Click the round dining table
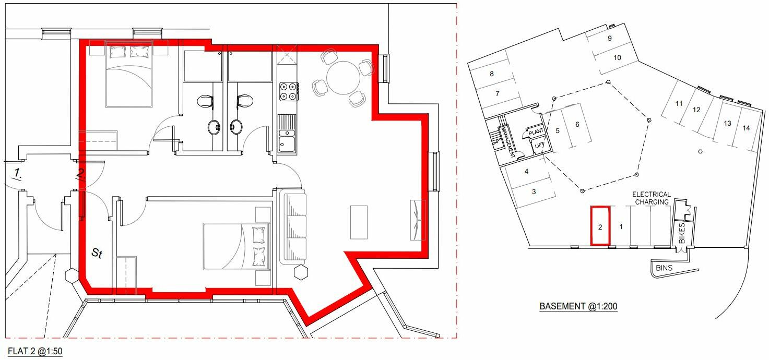(x=343, y=78)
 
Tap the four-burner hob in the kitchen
(x=288, y=91)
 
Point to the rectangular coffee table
(x=359, y=222)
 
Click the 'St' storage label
(x=97, y=254)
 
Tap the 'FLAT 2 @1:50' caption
(x=35, y=351)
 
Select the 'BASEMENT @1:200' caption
(x=578, y=306)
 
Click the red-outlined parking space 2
(x=600, y=226)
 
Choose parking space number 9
(x=609, y=39)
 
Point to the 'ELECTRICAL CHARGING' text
(x=652, y=198)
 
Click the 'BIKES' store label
(x=682, y=233)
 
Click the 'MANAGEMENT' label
(x=506, y=141)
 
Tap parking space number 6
(x=577, y=124)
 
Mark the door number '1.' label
(x=17, y=173)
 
